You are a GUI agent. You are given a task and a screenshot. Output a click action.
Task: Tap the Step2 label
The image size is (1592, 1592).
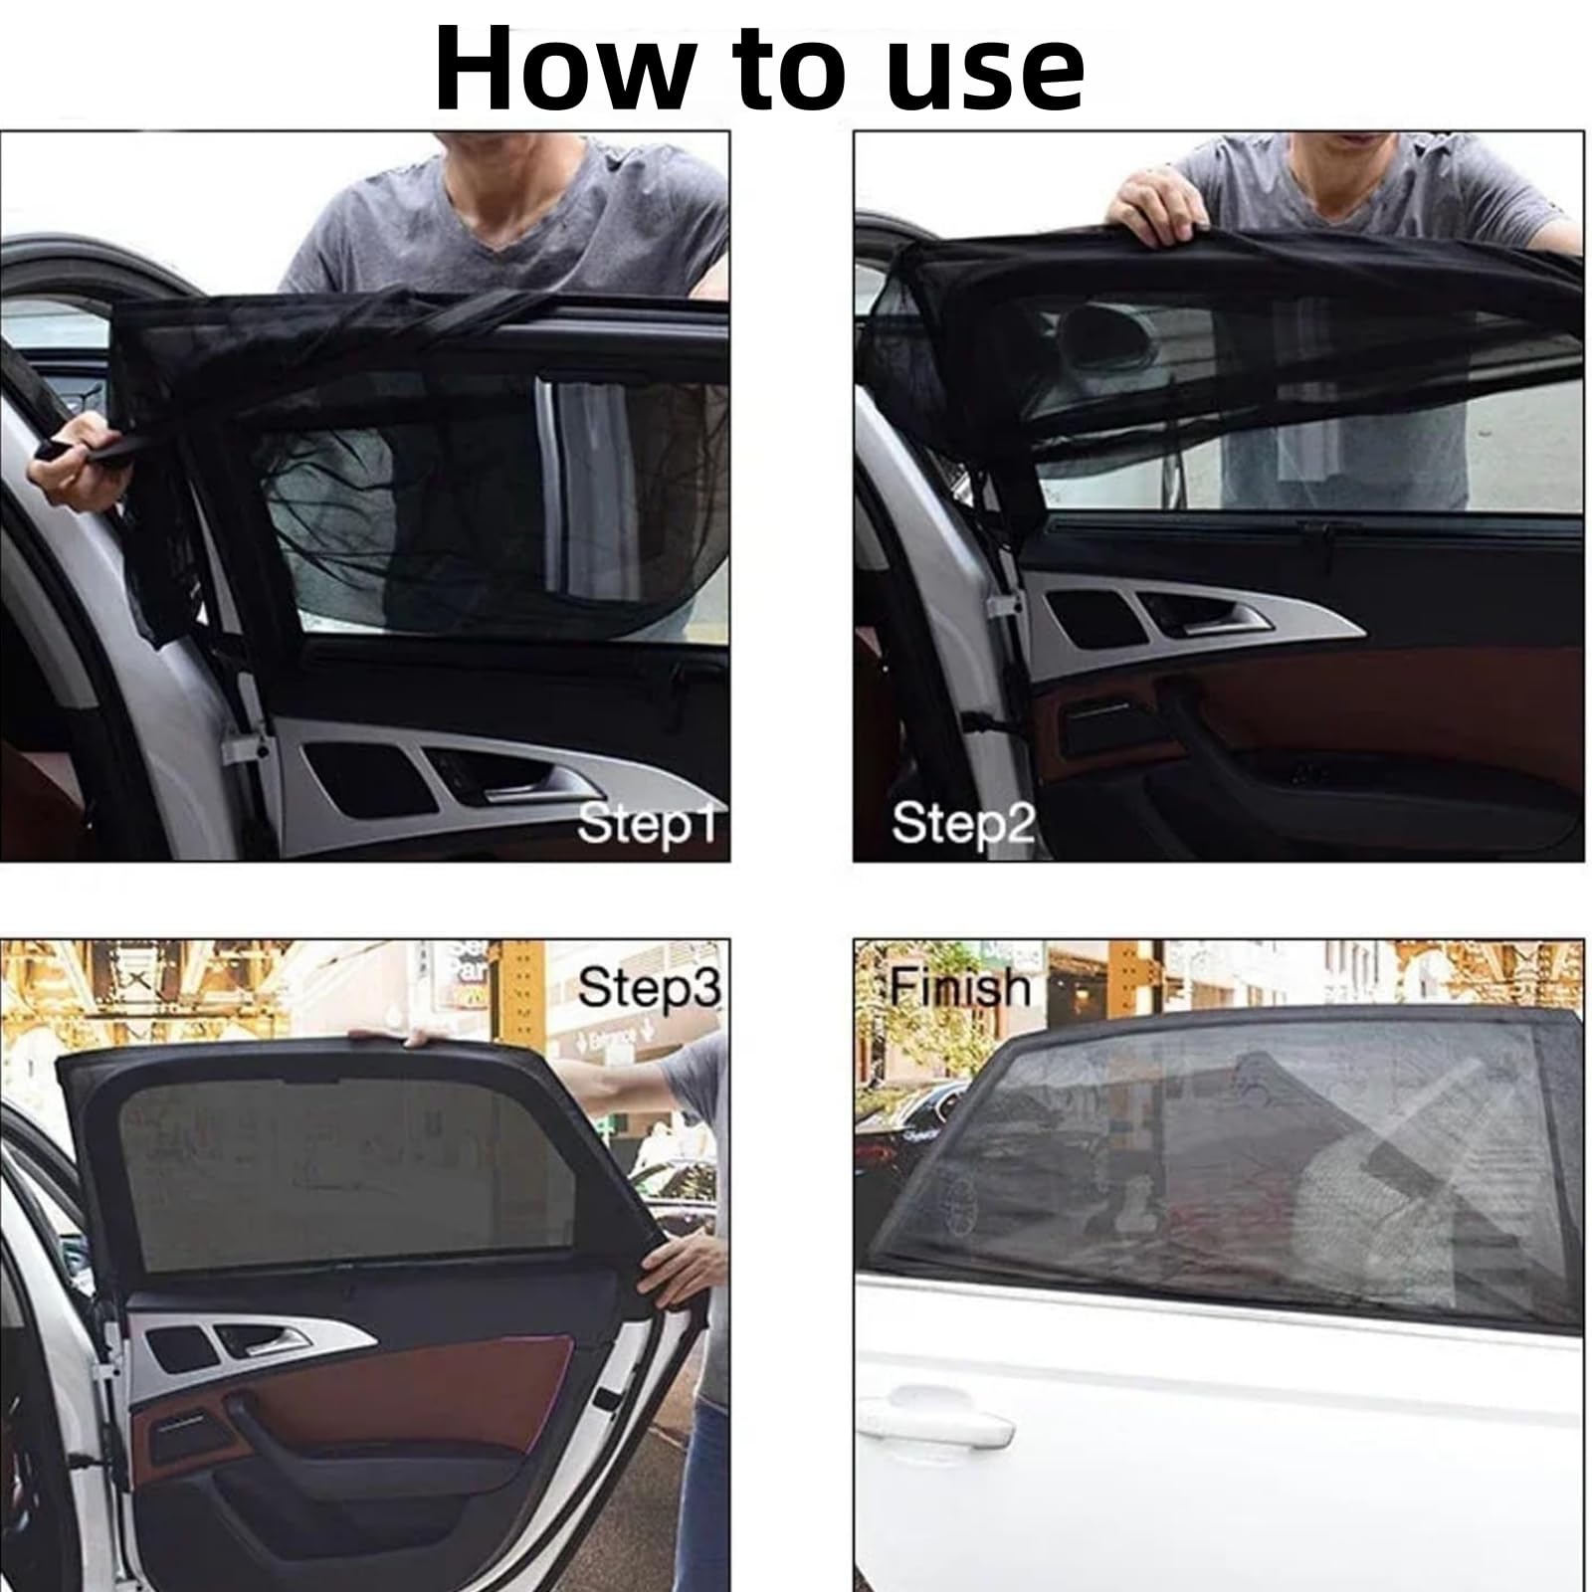pos(962,824)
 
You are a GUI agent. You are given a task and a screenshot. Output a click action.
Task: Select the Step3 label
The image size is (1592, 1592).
pos(649,987)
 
